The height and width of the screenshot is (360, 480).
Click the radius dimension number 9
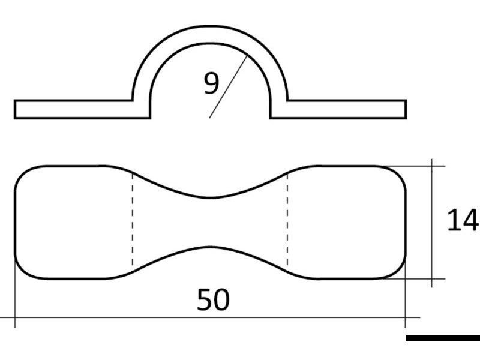click(x=211, y=84)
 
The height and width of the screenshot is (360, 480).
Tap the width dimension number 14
click(x=462, y=221)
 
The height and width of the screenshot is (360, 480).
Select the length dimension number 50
click(x=213, y=300)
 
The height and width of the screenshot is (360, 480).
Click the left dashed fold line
click(x=132, y=222)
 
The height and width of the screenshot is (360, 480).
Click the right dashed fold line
click(x=288, y=222)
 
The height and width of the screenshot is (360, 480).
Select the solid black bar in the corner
click(x=443, y=338)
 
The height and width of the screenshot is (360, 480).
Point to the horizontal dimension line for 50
click(x=120, y=317)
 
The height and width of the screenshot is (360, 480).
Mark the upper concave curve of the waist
click(x=210, y=196)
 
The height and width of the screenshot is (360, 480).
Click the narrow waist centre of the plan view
click(x=210, y=222)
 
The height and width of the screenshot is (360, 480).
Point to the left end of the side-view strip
click(x=16, y=109)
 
